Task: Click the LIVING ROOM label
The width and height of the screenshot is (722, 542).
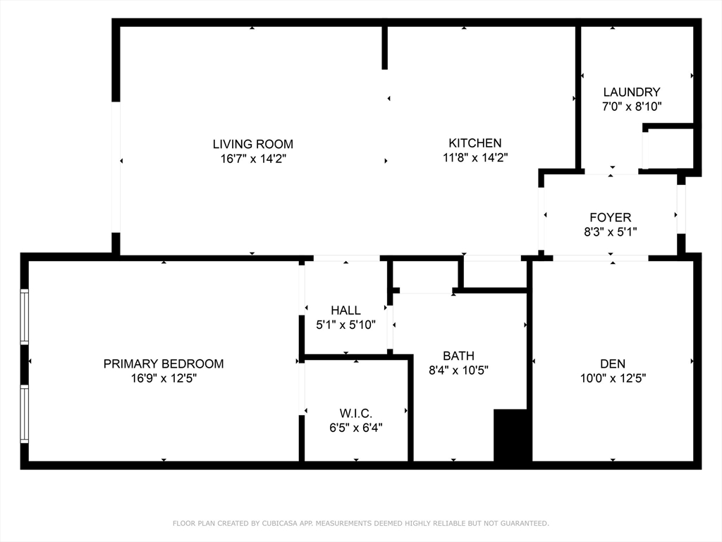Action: (x=253, y=144)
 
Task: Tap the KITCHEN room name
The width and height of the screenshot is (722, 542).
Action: (x=475, y=143)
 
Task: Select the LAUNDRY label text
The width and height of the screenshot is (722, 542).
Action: (x=632, y=92)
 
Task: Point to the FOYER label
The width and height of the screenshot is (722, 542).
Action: (x=611, y=217)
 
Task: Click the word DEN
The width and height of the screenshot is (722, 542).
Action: (x=613, y=363)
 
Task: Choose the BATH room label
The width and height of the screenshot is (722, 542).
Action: (x=458, y=356)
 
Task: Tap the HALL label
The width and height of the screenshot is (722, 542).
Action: (x=345, y=311)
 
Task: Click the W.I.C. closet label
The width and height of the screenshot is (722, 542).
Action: (x=356, y=413)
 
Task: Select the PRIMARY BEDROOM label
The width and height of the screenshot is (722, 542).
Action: (x=164, y=363)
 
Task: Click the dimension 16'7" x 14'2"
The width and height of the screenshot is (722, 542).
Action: (x=253, y=159)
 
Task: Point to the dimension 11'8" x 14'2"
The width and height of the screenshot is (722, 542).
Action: (x=475, y=157)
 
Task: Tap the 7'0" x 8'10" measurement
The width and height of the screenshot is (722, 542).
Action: (x=632, y=107)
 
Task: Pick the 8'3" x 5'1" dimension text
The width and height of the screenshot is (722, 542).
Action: (x=611, y=231)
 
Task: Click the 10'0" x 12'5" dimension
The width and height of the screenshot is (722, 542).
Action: (x=613, y=378)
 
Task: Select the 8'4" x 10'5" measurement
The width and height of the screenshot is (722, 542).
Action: (x=458, y=371)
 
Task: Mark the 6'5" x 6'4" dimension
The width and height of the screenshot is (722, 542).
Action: (x=356, y=428)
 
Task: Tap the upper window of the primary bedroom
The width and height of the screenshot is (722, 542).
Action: (x=25, y=317)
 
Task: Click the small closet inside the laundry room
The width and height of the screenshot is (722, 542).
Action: (x=668, y=148)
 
